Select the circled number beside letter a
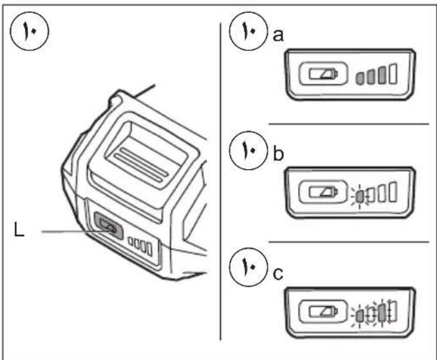pyautogui.click(x=250, y=32)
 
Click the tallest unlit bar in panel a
pyautogui.click(x=392, y=76)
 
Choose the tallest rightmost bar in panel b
pyautogui.click(x=392, y=191)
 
